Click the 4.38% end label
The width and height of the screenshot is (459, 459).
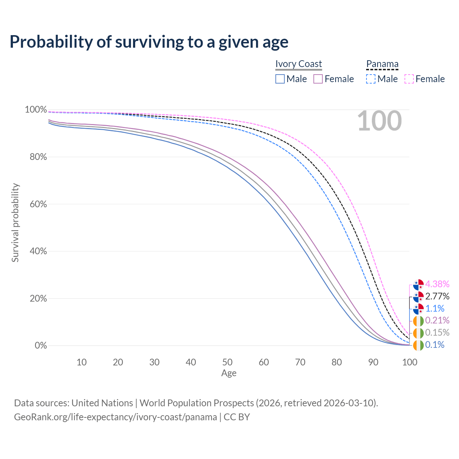coord(437,284)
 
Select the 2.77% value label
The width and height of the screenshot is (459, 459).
coord(437,296)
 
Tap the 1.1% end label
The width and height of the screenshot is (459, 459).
coord(435,308)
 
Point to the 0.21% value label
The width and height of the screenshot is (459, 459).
coord(437,320)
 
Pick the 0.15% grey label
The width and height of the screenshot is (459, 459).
coord(437,332)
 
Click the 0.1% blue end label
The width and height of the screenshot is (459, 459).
coord(435,345)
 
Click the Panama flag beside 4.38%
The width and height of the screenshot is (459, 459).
coord(418,284)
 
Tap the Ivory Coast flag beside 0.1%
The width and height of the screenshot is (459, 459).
coord(418,345)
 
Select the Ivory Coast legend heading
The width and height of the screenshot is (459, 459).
coord(298,64)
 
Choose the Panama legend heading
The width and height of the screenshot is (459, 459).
coord(382,64)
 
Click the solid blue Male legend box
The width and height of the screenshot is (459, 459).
coord(280,79)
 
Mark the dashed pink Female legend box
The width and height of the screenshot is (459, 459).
coord(409,79)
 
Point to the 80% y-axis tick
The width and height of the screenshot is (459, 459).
coord(38,157)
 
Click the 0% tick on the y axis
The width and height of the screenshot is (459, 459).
coord(41,345)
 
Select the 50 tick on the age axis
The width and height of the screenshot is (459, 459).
coord(227,362)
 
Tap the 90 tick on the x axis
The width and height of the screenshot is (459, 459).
coord(373,362)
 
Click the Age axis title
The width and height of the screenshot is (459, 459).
coord(229,373)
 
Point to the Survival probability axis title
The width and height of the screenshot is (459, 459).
coord(15,222)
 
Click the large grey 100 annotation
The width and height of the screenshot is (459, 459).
coord(379,121)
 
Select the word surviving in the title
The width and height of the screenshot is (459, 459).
coord(149,42)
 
